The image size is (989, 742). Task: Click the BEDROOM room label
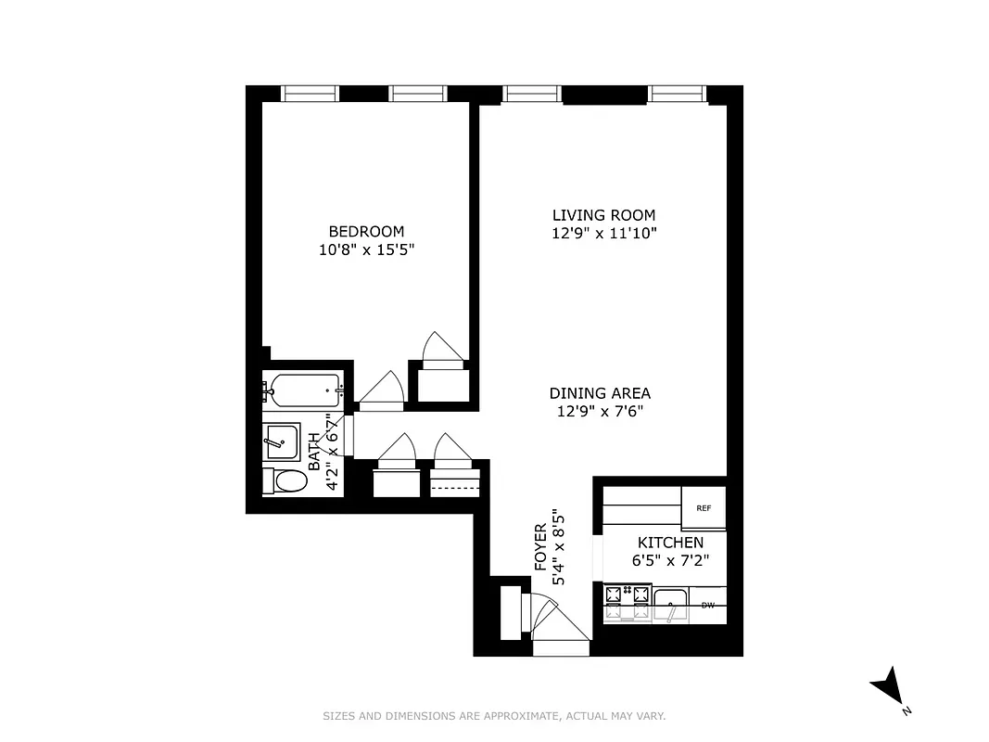point(366,231)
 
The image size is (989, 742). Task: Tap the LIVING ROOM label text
point(603,215)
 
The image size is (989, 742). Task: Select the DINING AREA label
point(600,393)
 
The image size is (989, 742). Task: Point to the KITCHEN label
point(669,543)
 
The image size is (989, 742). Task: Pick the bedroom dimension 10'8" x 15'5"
point(366,249)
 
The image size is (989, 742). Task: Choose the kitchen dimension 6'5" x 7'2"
point(669,560)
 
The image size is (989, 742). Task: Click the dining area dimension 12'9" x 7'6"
point(600,411)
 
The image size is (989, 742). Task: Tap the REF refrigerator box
point(704,507)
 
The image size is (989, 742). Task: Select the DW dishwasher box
point(708,606)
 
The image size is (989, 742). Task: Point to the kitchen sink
point(670,605)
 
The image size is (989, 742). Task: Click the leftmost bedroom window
point(310,93)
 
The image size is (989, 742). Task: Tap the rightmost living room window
point(678,93)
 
